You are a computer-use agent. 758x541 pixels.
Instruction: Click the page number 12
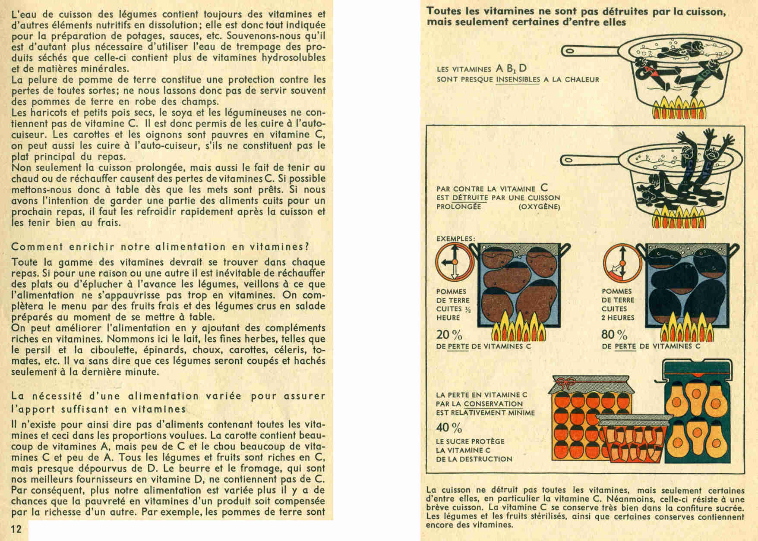16,529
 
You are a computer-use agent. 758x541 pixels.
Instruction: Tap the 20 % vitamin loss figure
449,335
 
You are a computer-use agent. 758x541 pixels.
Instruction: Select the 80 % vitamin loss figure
614,335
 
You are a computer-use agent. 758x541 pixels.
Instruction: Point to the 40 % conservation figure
449,428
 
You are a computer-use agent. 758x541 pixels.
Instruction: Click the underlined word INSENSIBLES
518,79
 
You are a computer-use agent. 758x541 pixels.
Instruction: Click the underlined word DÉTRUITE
470,198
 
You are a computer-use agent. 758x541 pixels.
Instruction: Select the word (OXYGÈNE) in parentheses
539,207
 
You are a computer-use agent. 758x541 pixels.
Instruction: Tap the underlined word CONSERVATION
493,404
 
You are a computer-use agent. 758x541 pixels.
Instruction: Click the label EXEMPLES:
455,239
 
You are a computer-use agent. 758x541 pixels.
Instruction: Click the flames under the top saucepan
676,108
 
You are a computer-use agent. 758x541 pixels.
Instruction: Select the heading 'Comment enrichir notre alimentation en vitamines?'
160,247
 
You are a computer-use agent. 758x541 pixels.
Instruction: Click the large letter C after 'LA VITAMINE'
544,188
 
